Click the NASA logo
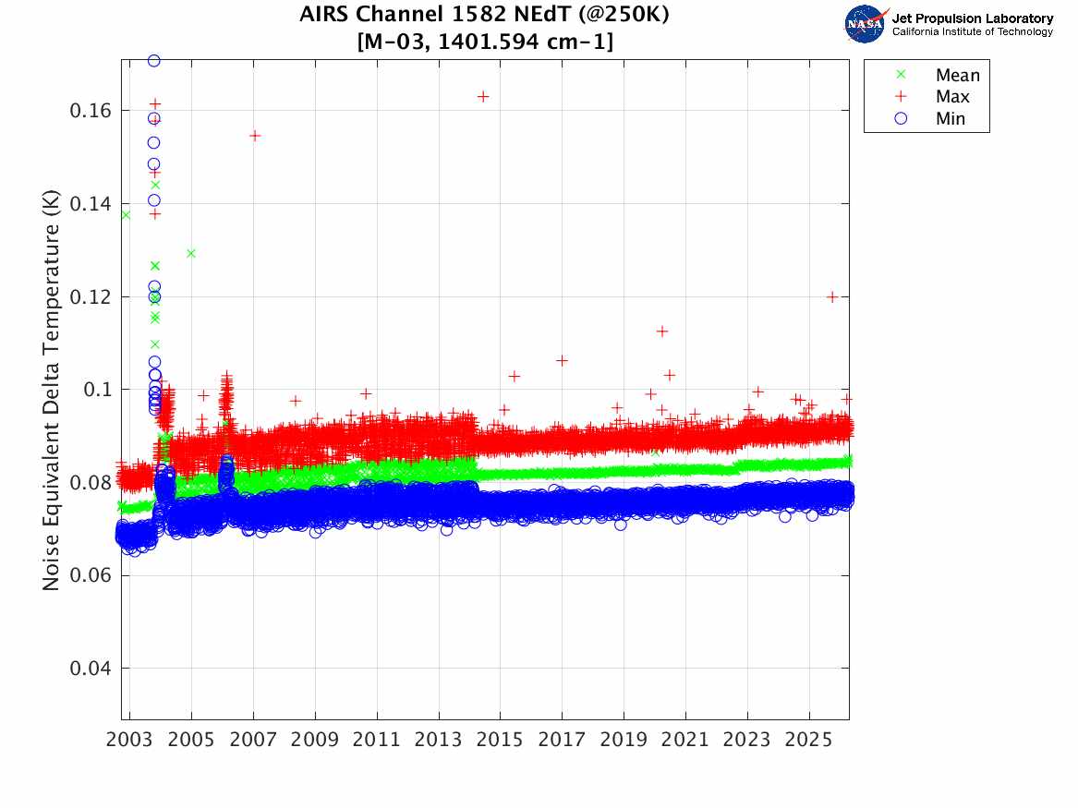[866, 23]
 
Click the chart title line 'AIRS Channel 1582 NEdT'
[484, 16]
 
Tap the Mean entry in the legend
[957, 76]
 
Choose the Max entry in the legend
[952, 97]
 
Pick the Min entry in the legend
[951, 118]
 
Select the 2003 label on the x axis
[130, 741]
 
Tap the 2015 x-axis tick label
[500, 741]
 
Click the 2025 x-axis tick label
[808, 741]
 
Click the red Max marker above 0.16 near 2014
[482, 96]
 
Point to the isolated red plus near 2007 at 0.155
[255, 136]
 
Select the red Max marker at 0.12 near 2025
[832, 296]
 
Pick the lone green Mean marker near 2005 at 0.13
[191, 253]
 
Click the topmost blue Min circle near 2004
[154, 61]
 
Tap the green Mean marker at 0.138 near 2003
[126, 215]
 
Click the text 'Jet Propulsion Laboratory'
[972, 18]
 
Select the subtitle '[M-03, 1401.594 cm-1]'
[484, 41]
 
